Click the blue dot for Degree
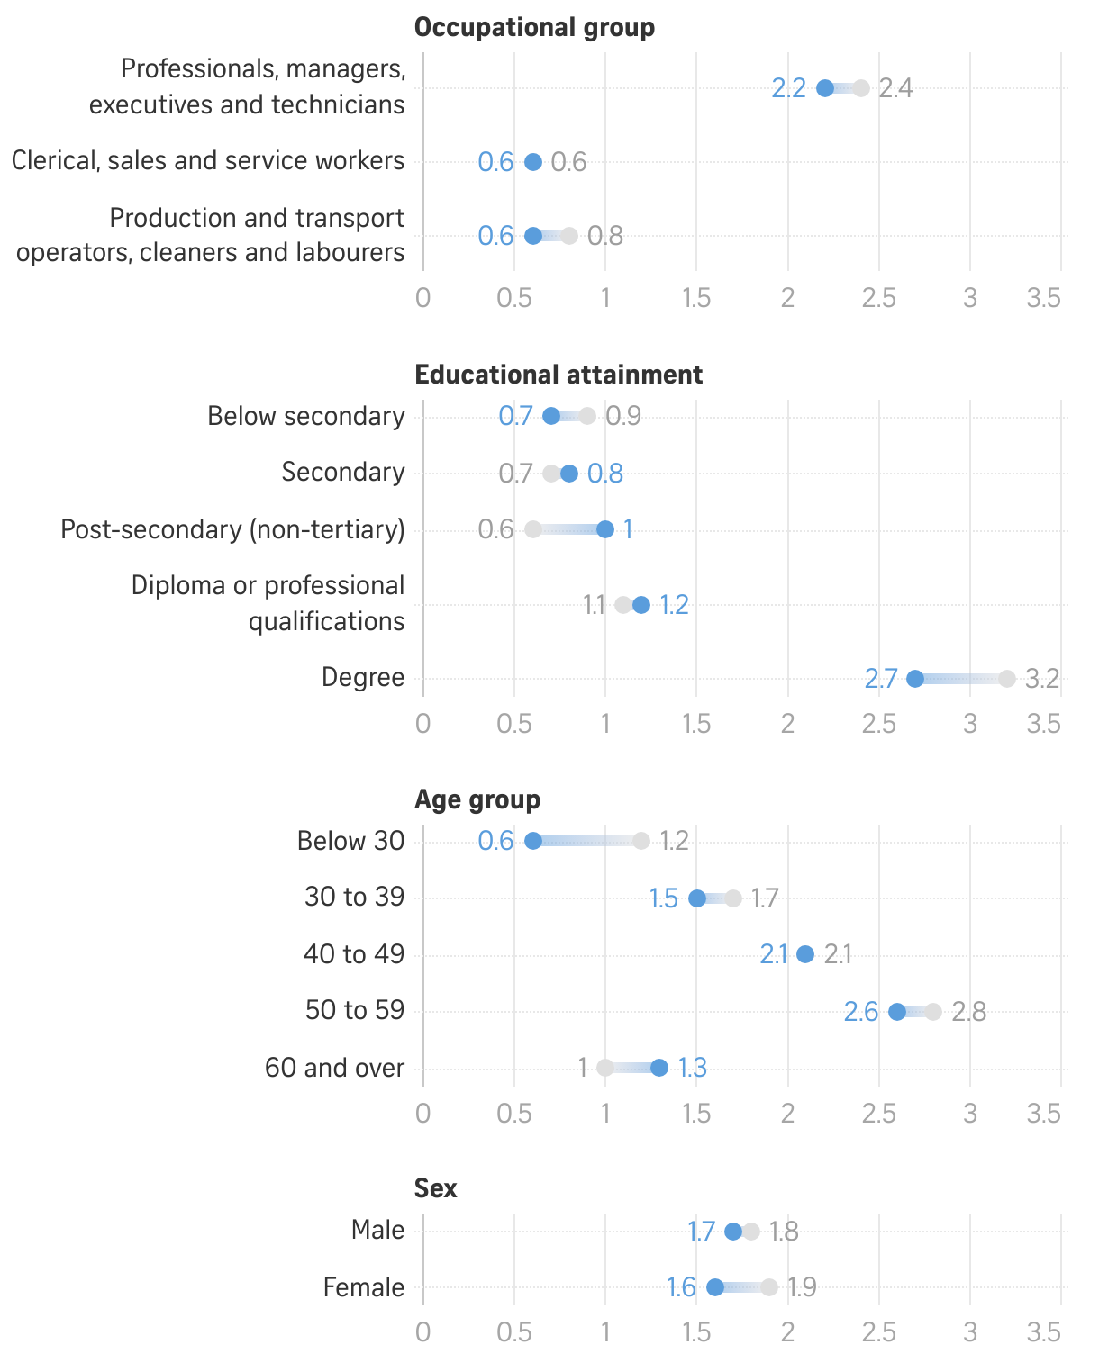click(x=915, y=679)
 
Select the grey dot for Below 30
click(x=641, y=841)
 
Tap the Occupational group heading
click(x=534, y=27)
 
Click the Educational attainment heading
click(x=559, y=375)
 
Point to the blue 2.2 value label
click(x=789, y=88)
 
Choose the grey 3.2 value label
click(x=1042, y=679)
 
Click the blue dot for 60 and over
click(x=659, y=1068)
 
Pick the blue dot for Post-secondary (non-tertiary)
click(x=605, y=529)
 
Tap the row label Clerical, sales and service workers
click(x=208, y=161)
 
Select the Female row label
click(x=364, y=1287)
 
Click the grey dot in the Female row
click(x=769, y=1287)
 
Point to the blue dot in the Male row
click(x=733, y=1232)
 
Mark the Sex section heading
click(x=436, y=1188)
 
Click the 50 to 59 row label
click(x=355, y=1010)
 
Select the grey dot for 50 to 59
click(x=933, y=1012)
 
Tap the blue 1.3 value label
click(x=693, y=1068)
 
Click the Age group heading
click(x=477, y=799)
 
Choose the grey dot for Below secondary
click(x=587, y=416)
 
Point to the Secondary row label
click(x=343, y=473)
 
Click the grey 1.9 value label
click(x=803, y=1287)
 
